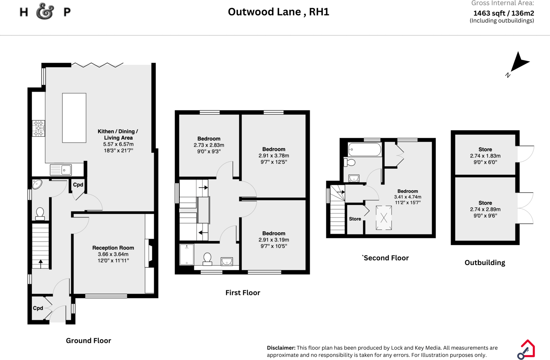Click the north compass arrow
(518, 64)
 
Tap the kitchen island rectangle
(74, 117)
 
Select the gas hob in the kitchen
(39, 128)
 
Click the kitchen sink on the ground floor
(60, 169)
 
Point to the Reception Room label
(113, 248)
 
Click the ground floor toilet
(40, 213)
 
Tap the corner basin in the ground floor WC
(38, 184)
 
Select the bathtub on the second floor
(365, 149)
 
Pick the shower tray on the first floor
(187, 255)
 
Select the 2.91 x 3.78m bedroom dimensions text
(273, 156)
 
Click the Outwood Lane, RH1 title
(278, 12)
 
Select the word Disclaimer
(281, 348)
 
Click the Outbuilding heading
(485, 263)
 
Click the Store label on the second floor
(355, 219)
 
